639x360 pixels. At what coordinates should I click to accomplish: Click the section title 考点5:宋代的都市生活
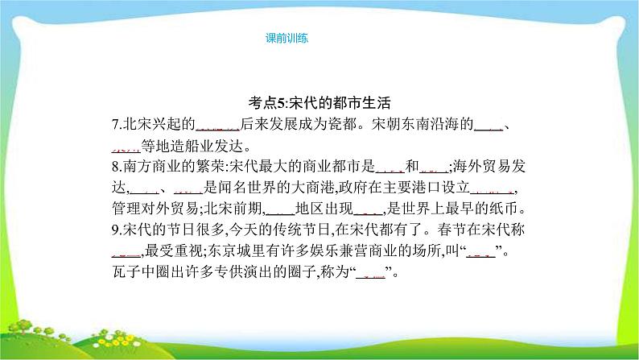(319, 103)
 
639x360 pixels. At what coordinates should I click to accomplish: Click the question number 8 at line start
(116, 168)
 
